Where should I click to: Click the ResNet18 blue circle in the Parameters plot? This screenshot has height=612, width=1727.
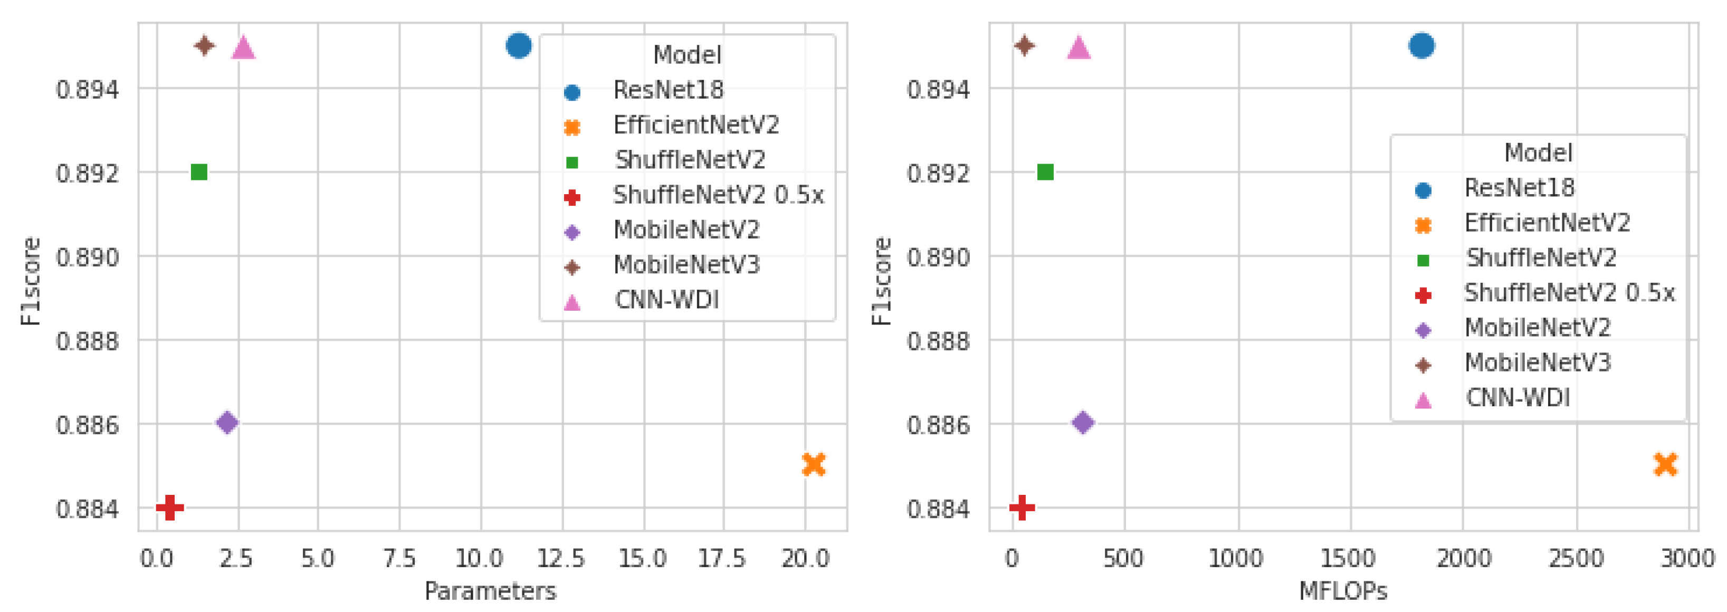518,45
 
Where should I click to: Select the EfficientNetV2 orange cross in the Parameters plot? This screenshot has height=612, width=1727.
813,464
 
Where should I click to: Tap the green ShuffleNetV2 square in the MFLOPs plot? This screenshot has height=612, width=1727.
1045,173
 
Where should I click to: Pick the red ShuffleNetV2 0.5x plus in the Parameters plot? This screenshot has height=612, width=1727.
169,508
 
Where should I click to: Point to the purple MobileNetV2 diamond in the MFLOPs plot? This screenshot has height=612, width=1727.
1083,422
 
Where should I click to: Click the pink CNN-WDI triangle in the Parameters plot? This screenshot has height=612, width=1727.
243,47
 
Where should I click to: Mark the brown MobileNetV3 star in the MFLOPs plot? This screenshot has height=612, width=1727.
1024,45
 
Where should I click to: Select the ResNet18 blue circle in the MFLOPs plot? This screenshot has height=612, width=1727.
1421,45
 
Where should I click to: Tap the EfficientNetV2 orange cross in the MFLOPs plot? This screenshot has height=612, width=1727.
1665,464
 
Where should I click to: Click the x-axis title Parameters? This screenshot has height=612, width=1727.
490,590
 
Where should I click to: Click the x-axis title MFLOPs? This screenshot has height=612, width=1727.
1342,590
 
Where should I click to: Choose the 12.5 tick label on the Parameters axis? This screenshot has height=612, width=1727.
561,558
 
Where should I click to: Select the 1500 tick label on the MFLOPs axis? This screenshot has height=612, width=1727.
1348,558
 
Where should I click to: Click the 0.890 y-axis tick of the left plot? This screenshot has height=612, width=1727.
87,257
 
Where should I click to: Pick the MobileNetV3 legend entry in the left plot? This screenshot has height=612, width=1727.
686,265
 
